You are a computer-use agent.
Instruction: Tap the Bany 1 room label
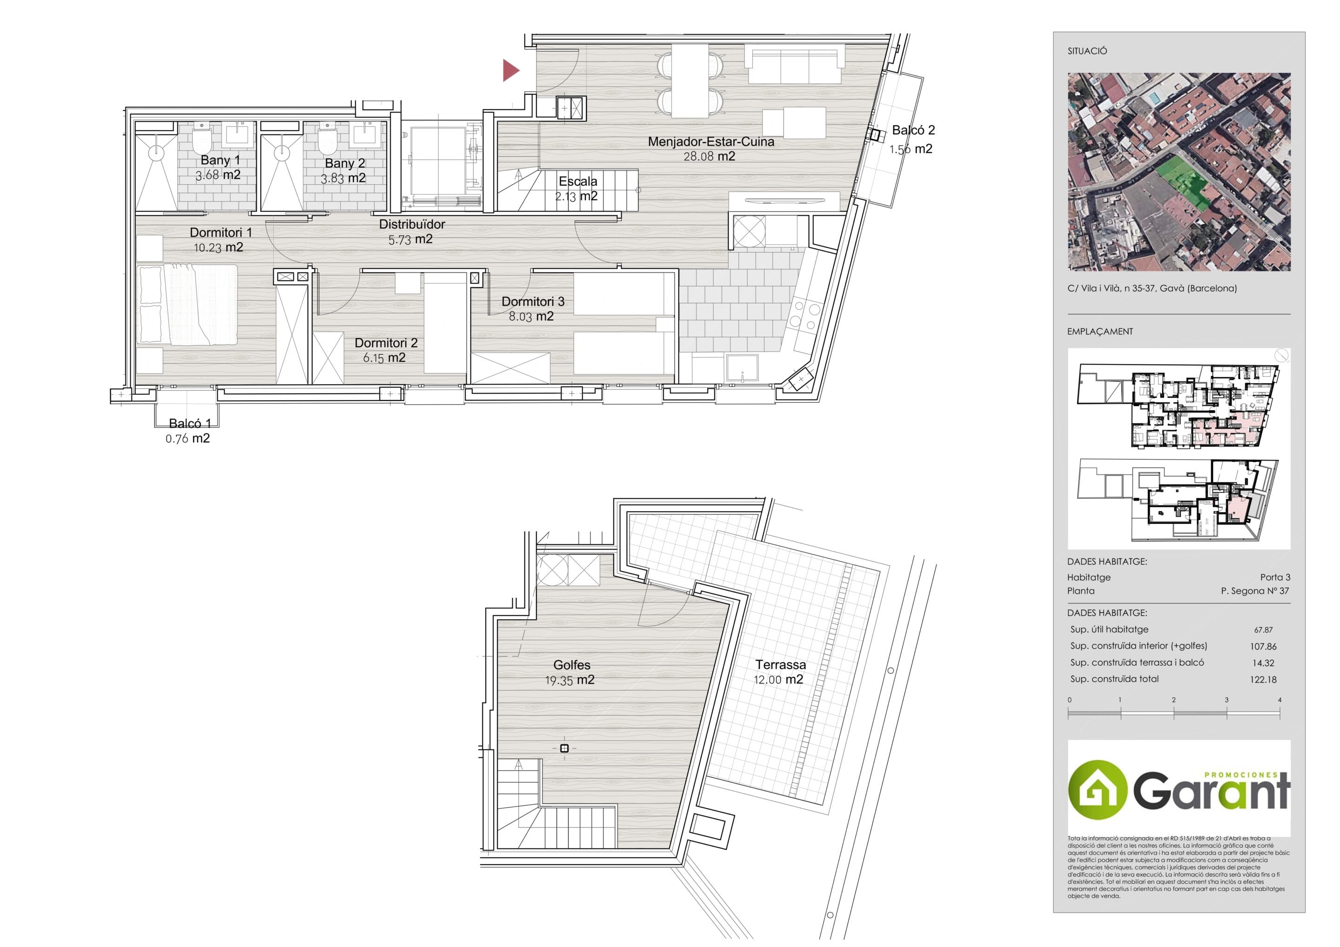220,160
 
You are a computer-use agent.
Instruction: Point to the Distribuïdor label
412,224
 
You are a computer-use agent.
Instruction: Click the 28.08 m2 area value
709,156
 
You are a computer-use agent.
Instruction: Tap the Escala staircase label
578,181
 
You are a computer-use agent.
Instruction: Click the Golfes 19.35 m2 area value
569,680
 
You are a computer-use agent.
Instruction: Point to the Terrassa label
780,664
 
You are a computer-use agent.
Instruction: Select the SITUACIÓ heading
1087,51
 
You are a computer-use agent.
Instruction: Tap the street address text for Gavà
1152,287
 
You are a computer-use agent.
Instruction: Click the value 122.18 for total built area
1263,679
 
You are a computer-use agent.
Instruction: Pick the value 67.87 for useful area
1263,630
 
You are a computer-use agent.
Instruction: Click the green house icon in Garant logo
1097,789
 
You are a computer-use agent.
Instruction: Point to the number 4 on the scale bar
1280,700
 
